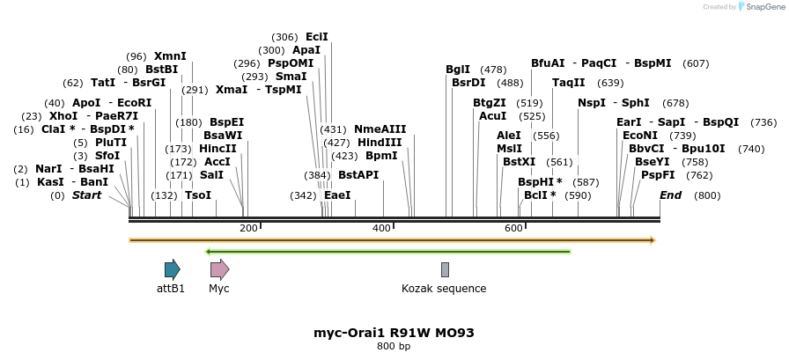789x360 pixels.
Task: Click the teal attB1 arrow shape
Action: click(x=172, y=270)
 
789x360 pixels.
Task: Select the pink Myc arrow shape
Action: click(x=220, y=270)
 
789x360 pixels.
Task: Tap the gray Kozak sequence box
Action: click(x=445, y=270)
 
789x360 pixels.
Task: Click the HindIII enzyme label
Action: click(x=380, y=143)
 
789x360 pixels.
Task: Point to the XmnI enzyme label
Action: click(x=170, y=56)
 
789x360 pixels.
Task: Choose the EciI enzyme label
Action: click(x=317, y=37)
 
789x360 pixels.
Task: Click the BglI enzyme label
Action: click(x=458, y=70)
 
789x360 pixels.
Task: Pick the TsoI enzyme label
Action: click(x=198, y=195)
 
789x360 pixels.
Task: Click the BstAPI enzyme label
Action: click(x=358, y=175)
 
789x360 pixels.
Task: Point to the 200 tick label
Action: click(x=248, y=228)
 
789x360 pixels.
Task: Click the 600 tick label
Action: click(x=513, y=228)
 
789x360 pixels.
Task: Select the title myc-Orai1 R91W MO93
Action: click(x=394, y=333)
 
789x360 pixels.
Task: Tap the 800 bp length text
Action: click(x=394, y=346)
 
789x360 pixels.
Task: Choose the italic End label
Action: click(x=671, y=195)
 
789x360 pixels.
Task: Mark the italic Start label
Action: click(x=86, y=195)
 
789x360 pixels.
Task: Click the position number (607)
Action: click(x=696, y=63)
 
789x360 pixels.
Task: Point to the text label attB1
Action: click(x=171, y=289)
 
